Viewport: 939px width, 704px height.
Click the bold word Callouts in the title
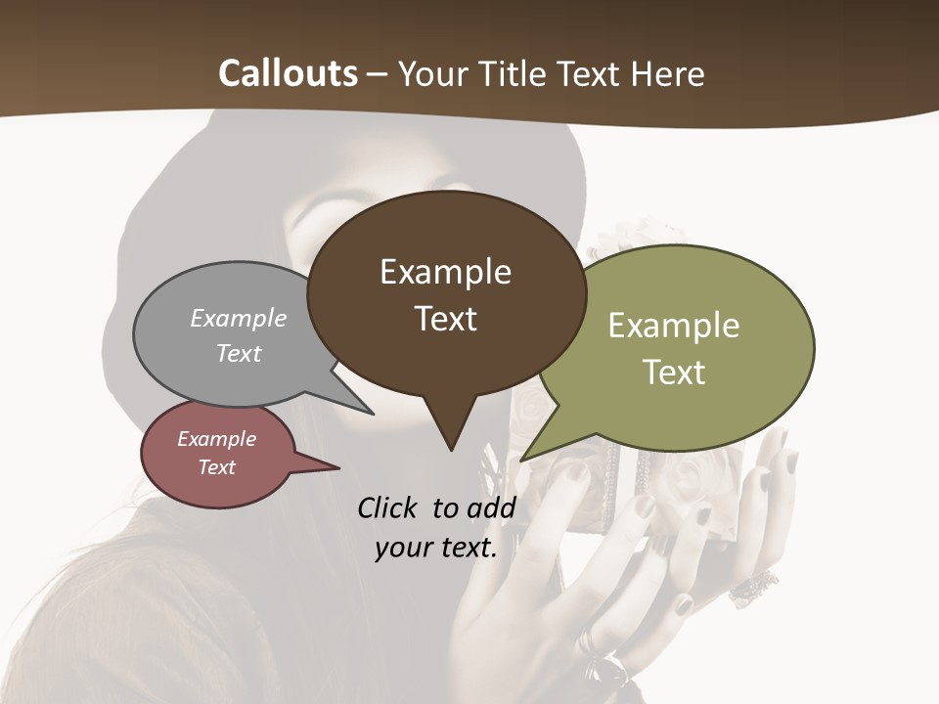pyautogui.click(x=288, y=73)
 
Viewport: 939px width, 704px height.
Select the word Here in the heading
pyautogui.click(x=669, y=73)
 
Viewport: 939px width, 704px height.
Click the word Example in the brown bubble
pyautogui.click(x=445, y=272)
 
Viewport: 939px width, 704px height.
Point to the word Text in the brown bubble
pyautogui.click(x=445, y=319)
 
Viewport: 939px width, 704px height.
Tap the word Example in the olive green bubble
pyautogui.click(x=674, y=326)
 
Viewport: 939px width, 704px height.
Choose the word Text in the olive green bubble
pyautogui.click(x=674, y=373)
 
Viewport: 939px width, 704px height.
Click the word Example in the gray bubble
pyautogui.click(x=239, y=319)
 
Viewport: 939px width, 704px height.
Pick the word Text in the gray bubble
pyautogui.click(x=239, y=353)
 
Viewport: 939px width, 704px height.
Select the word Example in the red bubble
pyautogui.click(x=217, y=439)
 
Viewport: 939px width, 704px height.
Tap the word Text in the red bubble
pyautogui.click(x=217, y=467)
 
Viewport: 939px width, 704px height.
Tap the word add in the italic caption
pyautogui.click(x=490, y=507)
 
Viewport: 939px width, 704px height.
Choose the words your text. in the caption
pyautogui.click(x=436, y=548)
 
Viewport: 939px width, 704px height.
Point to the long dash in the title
pyautogui.click(x=378, y=74)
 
